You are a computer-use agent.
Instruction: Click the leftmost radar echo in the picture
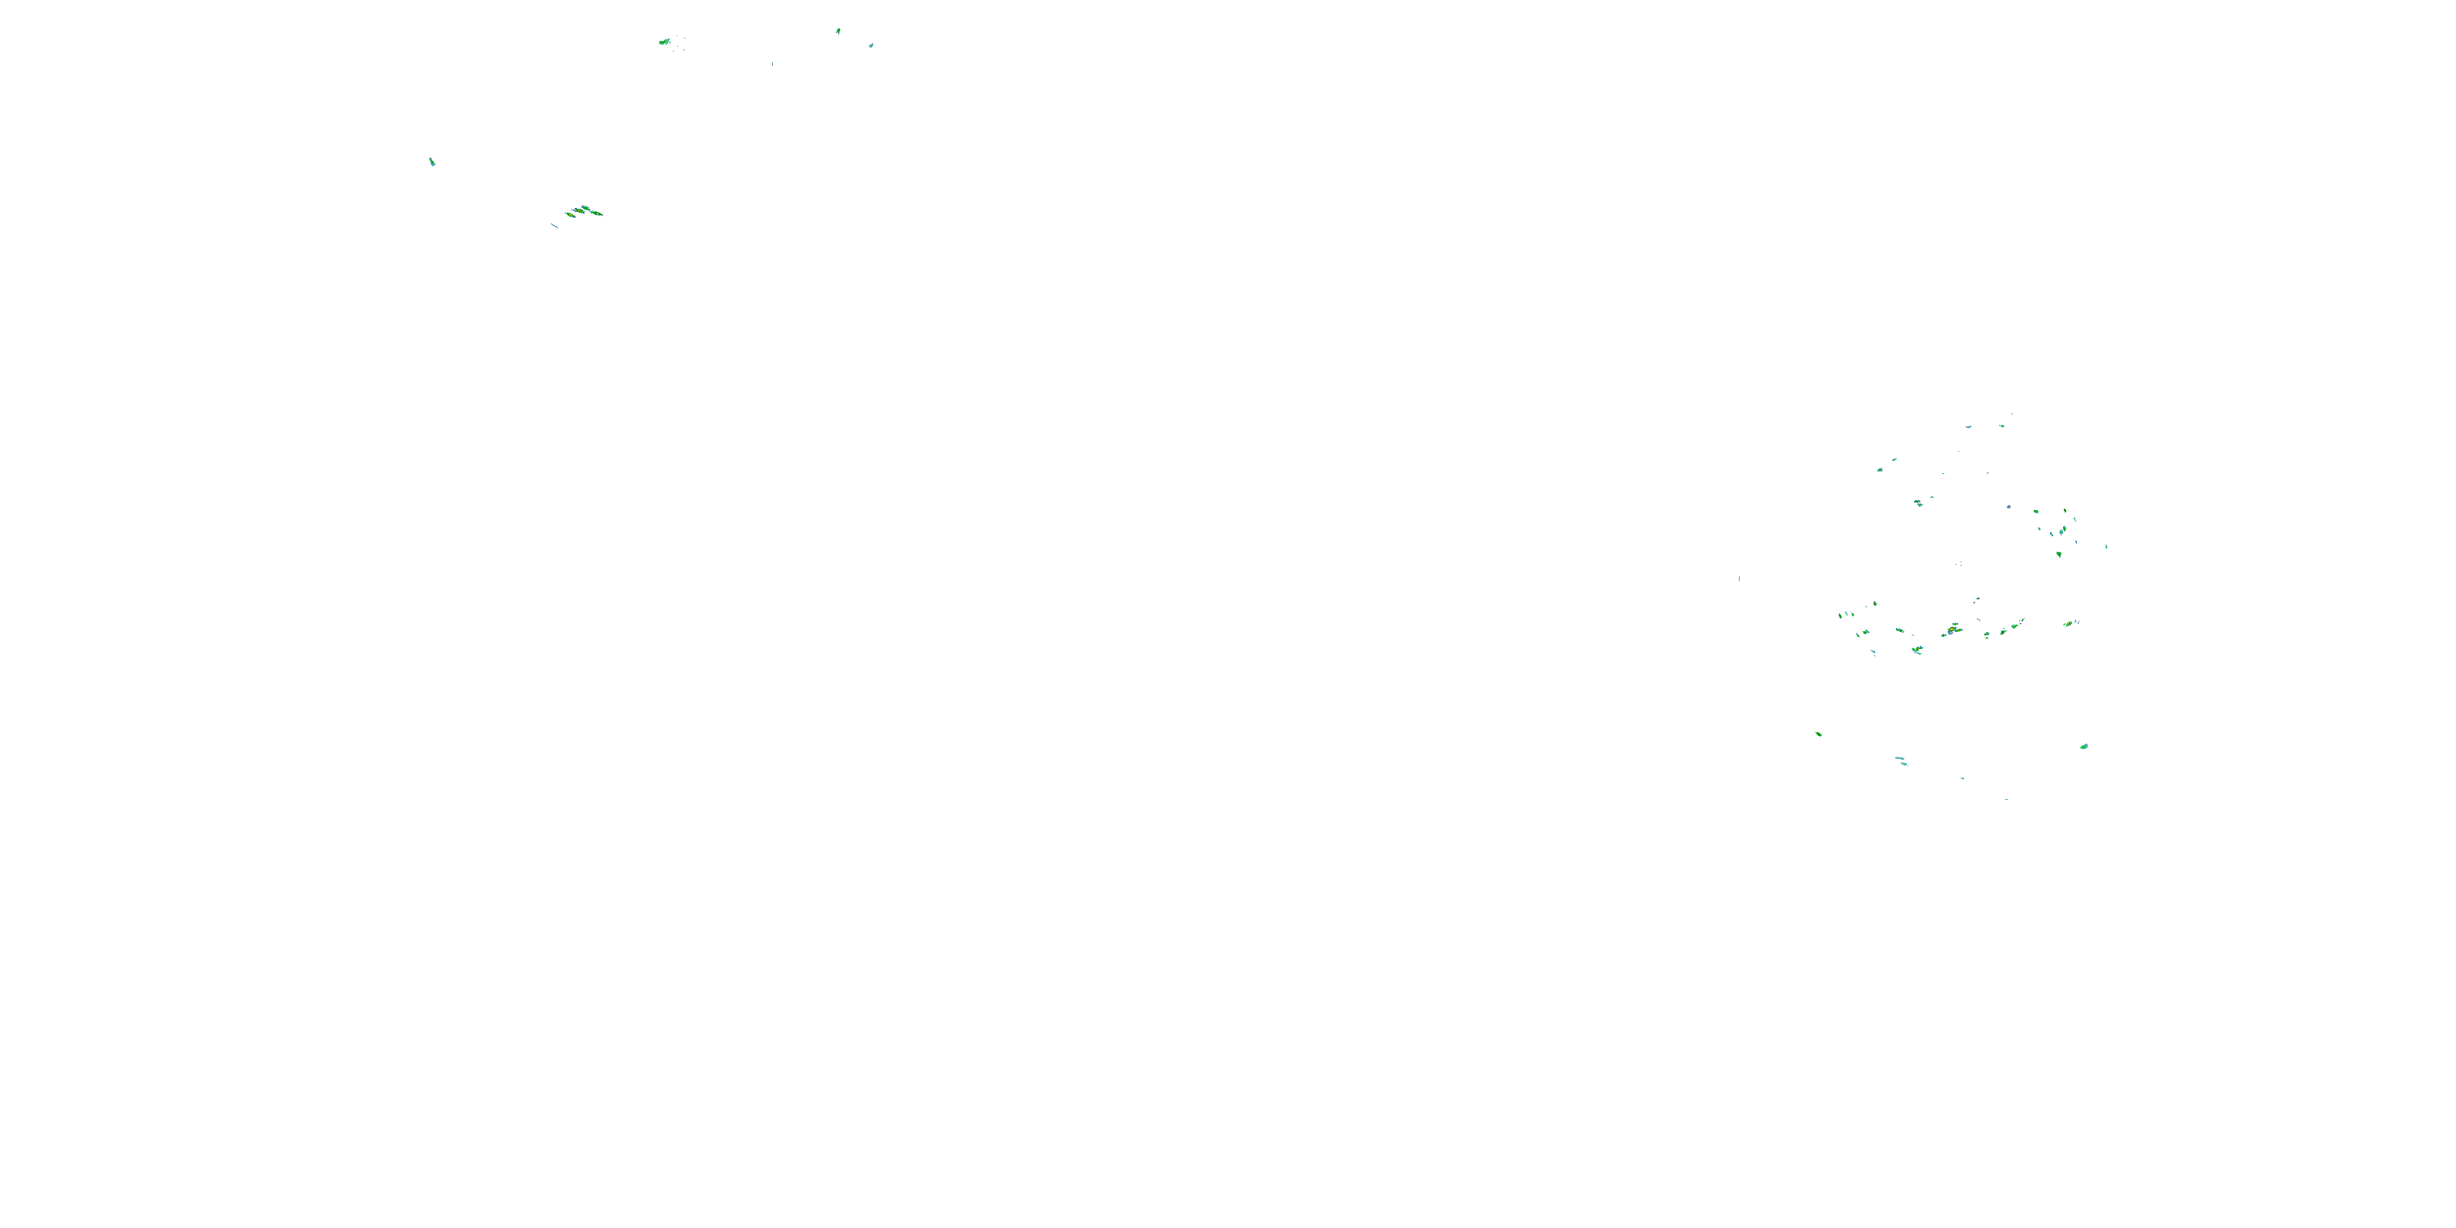432,161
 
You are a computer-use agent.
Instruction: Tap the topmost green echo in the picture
838,30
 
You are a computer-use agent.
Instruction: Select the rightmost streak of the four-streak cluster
597,213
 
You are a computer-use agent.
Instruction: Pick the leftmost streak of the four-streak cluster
569,214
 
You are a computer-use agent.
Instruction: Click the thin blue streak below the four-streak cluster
554,226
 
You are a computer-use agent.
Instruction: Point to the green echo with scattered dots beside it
665,41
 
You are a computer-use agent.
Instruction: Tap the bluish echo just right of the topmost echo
870,45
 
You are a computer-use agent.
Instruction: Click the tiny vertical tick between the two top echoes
772,64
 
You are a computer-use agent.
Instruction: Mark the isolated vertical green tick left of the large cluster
1739,578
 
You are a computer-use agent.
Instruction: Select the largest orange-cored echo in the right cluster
1953,630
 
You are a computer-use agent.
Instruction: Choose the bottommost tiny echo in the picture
2006,799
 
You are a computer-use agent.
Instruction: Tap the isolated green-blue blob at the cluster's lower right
2084,747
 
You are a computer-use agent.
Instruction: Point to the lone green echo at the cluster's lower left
1818,734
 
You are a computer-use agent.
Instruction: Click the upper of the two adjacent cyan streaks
1898,759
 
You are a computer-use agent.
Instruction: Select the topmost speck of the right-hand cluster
2011,413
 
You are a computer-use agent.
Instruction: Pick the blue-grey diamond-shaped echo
2008,505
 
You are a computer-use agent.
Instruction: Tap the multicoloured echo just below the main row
1916,650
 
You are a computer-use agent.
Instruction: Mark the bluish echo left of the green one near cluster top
1969,427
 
